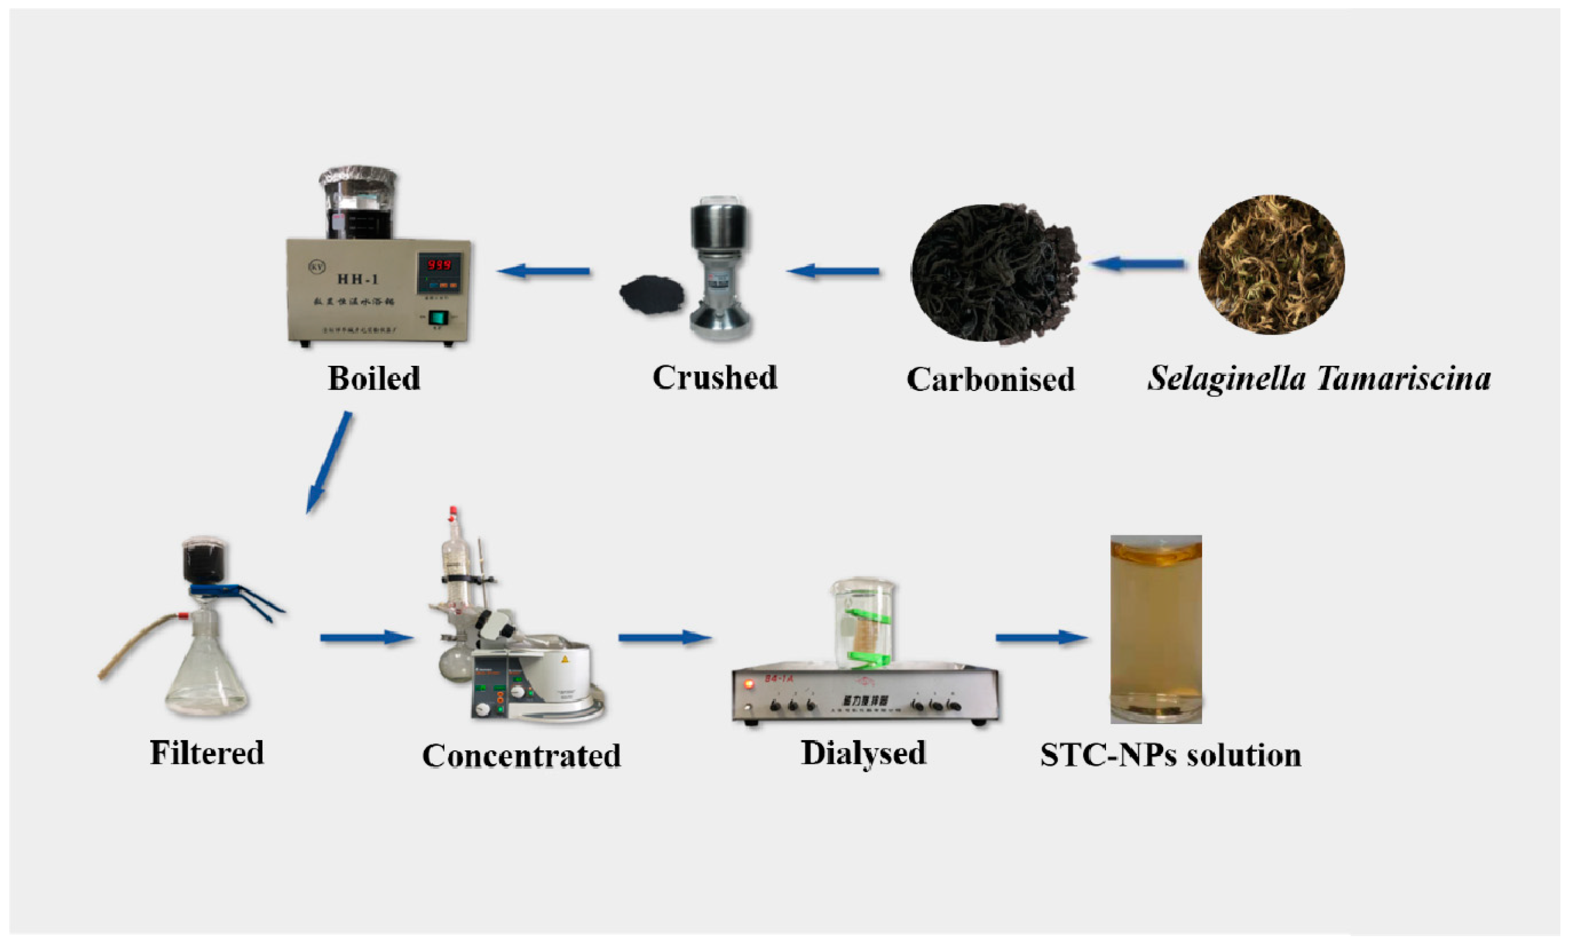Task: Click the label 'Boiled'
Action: click(x=374, y=379)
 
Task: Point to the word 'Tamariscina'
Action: click(x=1404, y=379)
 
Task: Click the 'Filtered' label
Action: click(x=206, y=753)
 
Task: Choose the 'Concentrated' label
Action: click(x=521, y=756)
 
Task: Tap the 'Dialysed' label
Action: click(x=863, y=753)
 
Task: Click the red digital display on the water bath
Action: click(x=439, y=265)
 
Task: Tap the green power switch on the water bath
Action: click(x=437, y=317)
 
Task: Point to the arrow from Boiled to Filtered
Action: click(x=329, y=462)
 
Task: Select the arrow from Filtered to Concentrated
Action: click(x=366, y=638)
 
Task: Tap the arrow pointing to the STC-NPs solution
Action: click(x=1041, y=638)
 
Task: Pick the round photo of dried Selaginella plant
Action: click(x=1271, y=265)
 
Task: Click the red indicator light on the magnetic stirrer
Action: click(x=749, y=684)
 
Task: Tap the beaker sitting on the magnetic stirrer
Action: click(x=863, y=624)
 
